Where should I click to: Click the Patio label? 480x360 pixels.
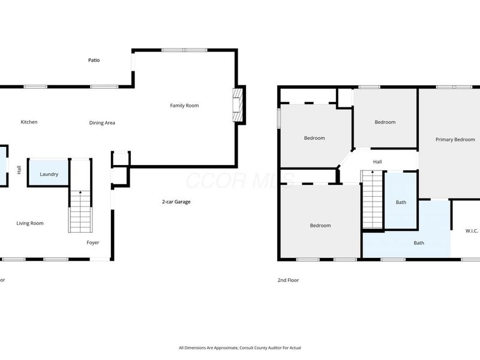[x=94, y=60]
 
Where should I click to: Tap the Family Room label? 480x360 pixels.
[x=184, y=106]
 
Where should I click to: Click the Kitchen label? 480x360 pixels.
[x=29, y=122]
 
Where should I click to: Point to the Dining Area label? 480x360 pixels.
[x=102, y=123]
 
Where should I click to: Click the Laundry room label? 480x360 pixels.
[x=49, y=175]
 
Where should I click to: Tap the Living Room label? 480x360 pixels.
[x=29, y=223]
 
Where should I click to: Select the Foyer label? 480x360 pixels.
[x=93, y=242]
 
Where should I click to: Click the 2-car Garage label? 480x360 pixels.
[x=176, y=202]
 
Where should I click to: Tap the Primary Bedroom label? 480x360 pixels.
[x=455, y=140]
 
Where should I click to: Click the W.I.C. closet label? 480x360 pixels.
[x=472, y=231]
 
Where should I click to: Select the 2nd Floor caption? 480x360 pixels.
[x=288, y=280]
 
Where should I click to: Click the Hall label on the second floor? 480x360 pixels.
[x=377, y=162]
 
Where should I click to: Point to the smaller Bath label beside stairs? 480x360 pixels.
[x=401, y=202]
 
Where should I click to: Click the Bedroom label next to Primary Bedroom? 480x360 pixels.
[x=385, y=122]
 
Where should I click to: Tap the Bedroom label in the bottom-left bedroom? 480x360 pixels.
[x=320, y=226]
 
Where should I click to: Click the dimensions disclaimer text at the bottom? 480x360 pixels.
[x=240, y=348]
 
